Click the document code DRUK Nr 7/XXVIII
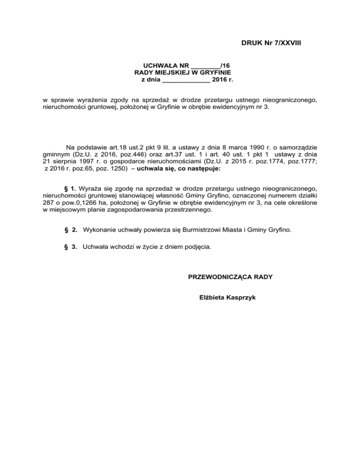coord(271,43)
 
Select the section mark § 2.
coord(71,230)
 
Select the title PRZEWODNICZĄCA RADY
coord(230,277)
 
